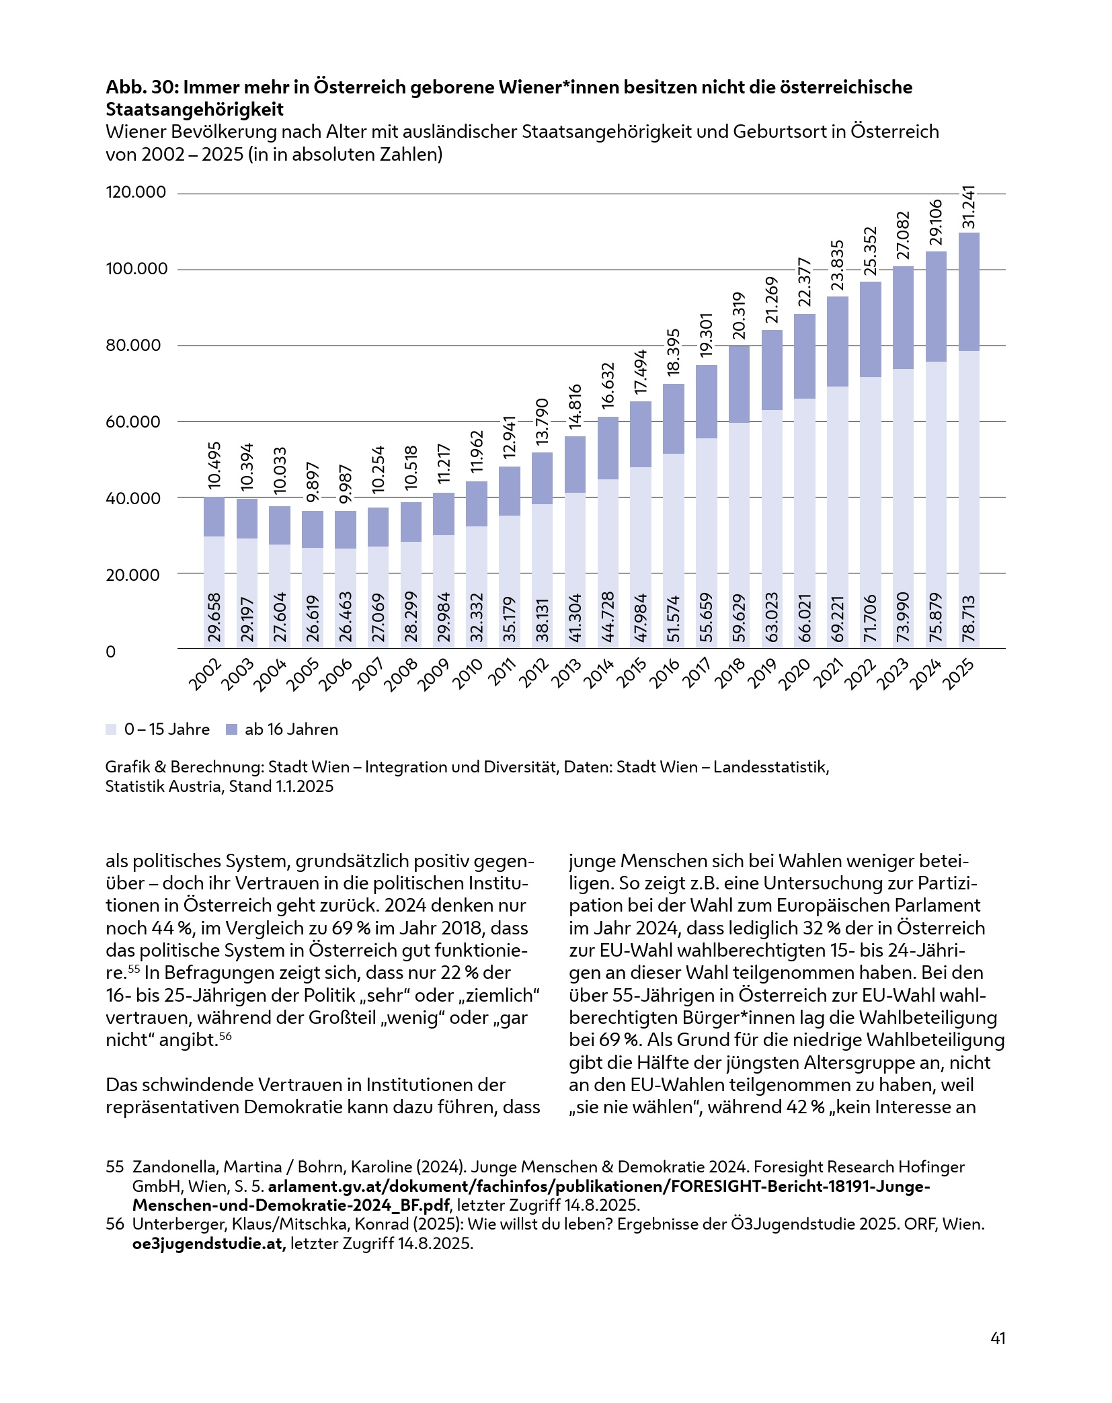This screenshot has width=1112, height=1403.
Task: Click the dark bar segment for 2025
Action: click(968, 292)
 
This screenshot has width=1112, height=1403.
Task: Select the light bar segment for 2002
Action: click(214, 592)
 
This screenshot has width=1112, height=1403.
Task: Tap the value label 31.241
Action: click(969, 208)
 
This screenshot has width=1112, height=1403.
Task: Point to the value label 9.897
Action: click(313, 482)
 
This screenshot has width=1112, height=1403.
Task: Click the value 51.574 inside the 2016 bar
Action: click(674, 618)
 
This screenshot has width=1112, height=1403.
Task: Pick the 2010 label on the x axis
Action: click(468, 674)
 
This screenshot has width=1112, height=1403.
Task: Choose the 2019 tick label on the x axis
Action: click(763, 674)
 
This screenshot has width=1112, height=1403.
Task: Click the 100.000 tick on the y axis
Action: click(136, 269)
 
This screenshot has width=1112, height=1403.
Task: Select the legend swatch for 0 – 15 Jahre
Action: click(111, 729)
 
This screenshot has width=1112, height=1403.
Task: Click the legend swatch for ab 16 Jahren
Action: click(232, 729)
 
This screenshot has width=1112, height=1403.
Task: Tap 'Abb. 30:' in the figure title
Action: click(141, 87)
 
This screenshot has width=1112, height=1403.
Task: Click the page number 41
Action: click(998, 1338)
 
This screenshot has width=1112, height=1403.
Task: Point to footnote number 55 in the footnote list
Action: click(115, 1167)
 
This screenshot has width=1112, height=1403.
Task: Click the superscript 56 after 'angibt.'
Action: click(226, 1036)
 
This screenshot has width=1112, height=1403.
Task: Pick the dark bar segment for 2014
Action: click(608, 448)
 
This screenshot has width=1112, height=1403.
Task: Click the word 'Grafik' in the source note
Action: click(128, 767)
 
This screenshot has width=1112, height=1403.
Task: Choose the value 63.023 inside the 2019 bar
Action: click(772, 616)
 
